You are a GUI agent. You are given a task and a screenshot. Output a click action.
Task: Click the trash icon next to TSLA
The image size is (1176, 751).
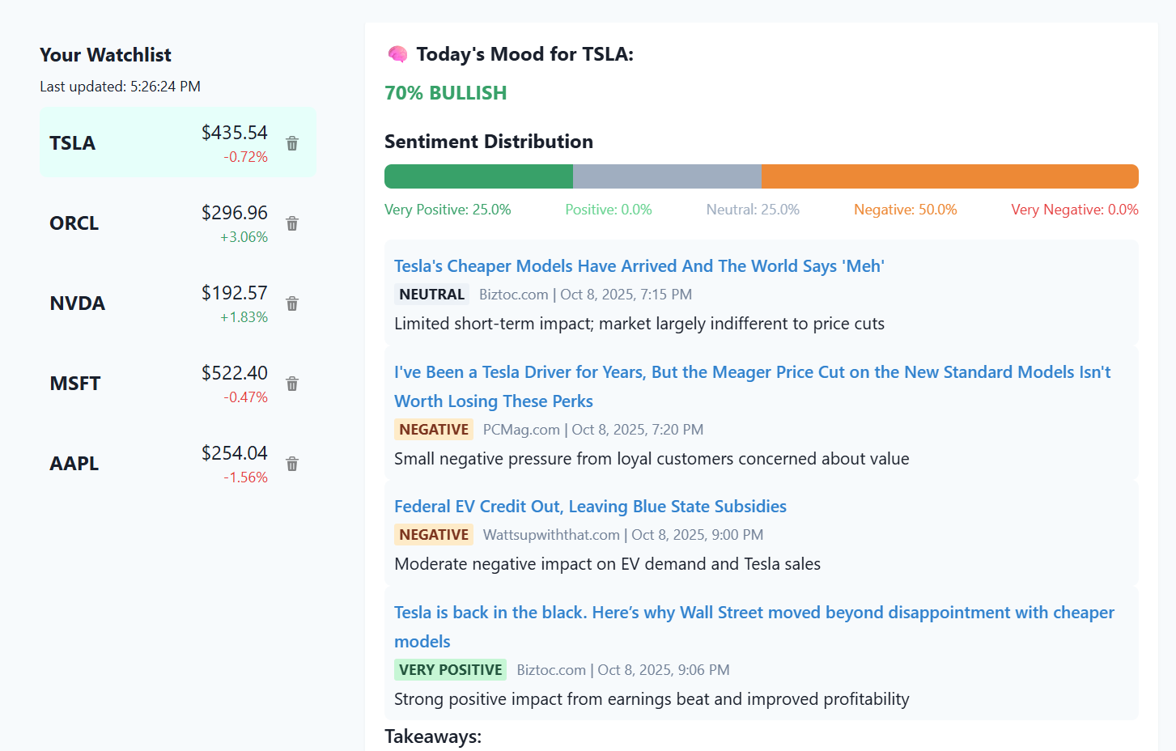[292, 143]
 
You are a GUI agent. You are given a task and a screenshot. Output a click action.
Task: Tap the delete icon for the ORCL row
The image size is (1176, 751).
[292, 223]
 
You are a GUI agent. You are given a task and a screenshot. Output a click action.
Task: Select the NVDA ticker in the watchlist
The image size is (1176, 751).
[78, 303]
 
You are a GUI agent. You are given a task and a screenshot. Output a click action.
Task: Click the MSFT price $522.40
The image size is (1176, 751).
[234, 373]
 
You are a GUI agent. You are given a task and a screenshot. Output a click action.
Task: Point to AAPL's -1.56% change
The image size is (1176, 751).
[245, 477]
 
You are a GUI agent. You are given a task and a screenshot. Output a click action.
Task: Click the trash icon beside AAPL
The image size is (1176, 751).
[292, 464]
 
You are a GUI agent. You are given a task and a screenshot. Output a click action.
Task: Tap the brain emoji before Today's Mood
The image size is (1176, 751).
[397, 54]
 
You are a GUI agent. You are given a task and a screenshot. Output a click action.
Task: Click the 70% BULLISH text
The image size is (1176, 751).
[445, 93]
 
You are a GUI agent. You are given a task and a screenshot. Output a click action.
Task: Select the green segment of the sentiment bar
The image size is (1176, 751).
[478, 176]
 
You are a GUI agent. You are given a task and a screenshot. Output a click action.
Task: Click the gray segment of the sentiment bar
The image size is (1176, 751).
[667, 176]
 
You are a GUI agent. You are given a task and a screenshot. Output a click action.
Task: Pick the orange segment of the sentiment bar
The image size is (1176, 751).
[949, 176]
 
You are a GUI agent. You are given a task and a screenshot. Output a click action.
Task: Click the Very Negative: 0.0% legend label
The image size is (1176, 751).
[1074, 210]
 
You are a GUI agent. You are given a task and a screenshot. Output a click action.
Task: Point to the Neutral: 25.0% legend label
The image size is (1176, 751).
[753, 210]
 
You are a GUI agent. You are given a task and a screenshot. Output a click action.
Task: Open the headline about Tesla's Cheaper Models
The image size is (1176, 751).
[639, 266]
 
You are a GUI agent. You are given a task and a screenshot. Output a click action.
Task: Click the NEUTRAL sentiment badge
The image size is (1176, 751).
[432, 295]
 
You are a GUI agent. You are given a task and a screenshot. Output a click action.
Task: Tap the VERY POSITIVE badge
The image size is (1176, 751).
[451, 670]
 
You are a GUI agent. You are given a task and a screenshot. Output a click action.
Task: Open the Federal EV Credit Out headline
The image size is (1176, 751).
[590, 507]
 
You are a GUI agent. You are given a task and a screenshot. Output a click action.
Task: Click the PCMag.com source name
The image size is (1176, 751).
[521, 430]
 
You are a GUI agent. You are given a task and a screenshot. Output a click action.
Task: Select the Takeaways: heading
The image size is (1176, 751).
[433, 736]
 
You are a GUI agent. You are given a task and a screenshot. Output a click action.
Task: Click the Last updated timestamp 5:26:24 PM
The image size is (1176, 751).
[165, 87]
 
